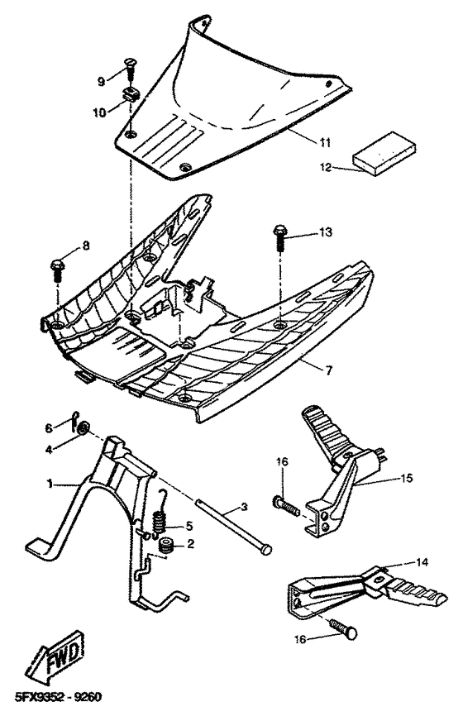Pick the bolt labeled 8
[57, 268]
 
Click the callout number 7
[328, 370]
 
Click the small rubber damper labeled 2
[165, 546]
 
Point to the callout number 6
[49, 427]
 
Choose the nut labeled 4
[84, 429]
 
